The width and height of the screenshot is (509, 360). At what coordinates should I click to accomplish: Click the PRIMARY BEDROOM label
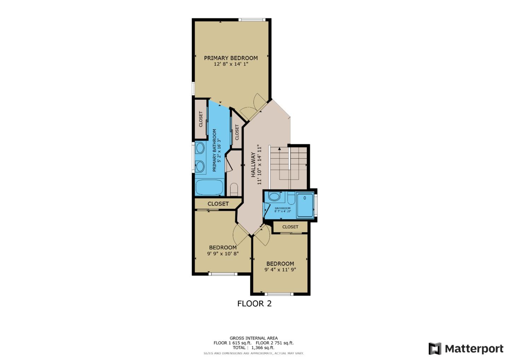point(231,58)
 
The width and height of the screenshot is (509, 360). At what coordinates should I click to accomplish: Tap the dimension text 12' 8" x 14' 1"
point(231,64)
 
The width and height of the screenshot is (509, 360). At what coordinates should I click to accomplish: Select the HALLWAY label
point(253,164)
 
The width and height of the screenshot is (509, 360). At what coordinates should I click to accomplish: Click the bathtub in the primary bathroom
point(209,187)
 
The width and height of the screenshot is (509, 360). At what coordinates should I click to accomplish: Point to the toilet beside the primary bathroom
point(234,189)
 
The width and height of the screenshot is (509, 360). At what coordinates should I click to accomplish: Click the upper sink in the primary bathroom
point(200,148)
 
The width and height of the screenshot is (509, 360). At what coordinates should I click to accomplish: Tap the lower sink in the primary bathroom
point(200,166)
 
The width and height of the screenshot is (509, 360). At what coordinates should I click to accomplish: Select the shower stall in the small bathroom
point(305,205)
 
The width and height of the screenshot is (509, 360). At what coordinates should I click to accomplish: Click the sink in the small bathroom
point(274,196)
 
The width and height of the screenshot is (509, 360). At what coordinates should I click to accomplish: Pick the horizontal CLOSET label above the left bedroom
point(218,204)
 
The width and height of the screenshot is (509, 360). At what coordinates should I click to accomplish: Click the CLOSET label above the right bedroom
point(290,227)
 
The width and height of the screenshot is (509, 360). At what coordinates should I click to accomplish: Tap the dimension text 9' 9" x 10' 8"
point(223,254)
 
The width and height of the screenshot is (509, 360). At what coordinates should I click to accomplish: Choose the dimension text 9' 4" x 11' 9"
point(280,269)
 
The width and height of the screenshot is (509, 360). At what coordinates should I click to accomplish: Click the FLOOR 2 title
point(254,303)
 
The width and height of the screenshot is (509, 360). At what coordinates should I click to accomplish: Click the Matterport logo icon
point(435,349)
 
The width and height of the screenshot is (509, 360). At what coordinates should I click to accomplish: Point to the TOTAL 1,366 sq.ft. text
point(253,348)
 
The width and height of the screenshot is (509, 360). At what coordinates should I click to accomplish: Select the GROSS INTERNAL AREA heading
point(253,338)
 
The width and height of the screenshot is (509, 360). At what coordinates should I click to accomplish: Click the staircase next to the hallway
point(288,166)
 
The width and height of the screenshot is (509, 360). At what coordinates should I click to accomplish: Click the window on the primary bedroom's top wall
point(252,19)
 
